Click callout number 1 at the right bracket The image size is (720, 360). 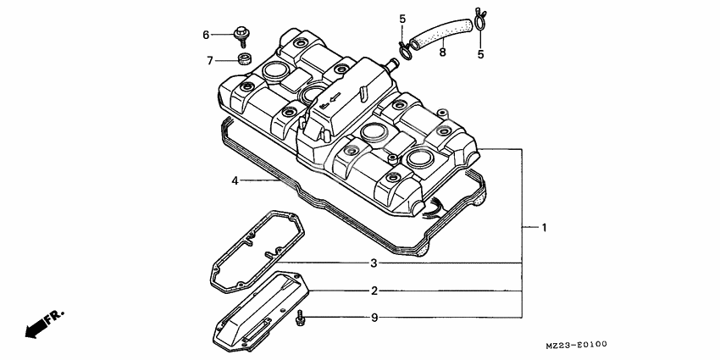tap(545, 228)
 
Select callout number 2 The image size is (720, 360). tap(374, 291)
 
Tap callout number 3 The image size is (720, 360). tap(374, 263)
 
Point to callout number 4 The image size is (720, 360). tap(235, 180)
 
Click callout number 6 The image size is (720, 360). tap(206, 35)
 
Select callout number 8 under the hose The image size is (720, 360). tap(441, 53)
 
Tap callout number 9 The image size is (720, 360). tap(374, 319)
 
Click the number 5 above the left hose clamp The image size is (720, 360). tap(402, 19)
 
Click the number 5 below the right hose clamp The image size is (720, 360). tap(481, 54)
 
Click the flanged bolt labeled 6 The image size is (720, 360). tap(241, 35)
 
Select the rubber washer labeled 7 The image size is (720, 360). tap(244, 59)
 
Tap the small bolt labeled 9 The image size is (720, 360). tap(300, 319)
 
